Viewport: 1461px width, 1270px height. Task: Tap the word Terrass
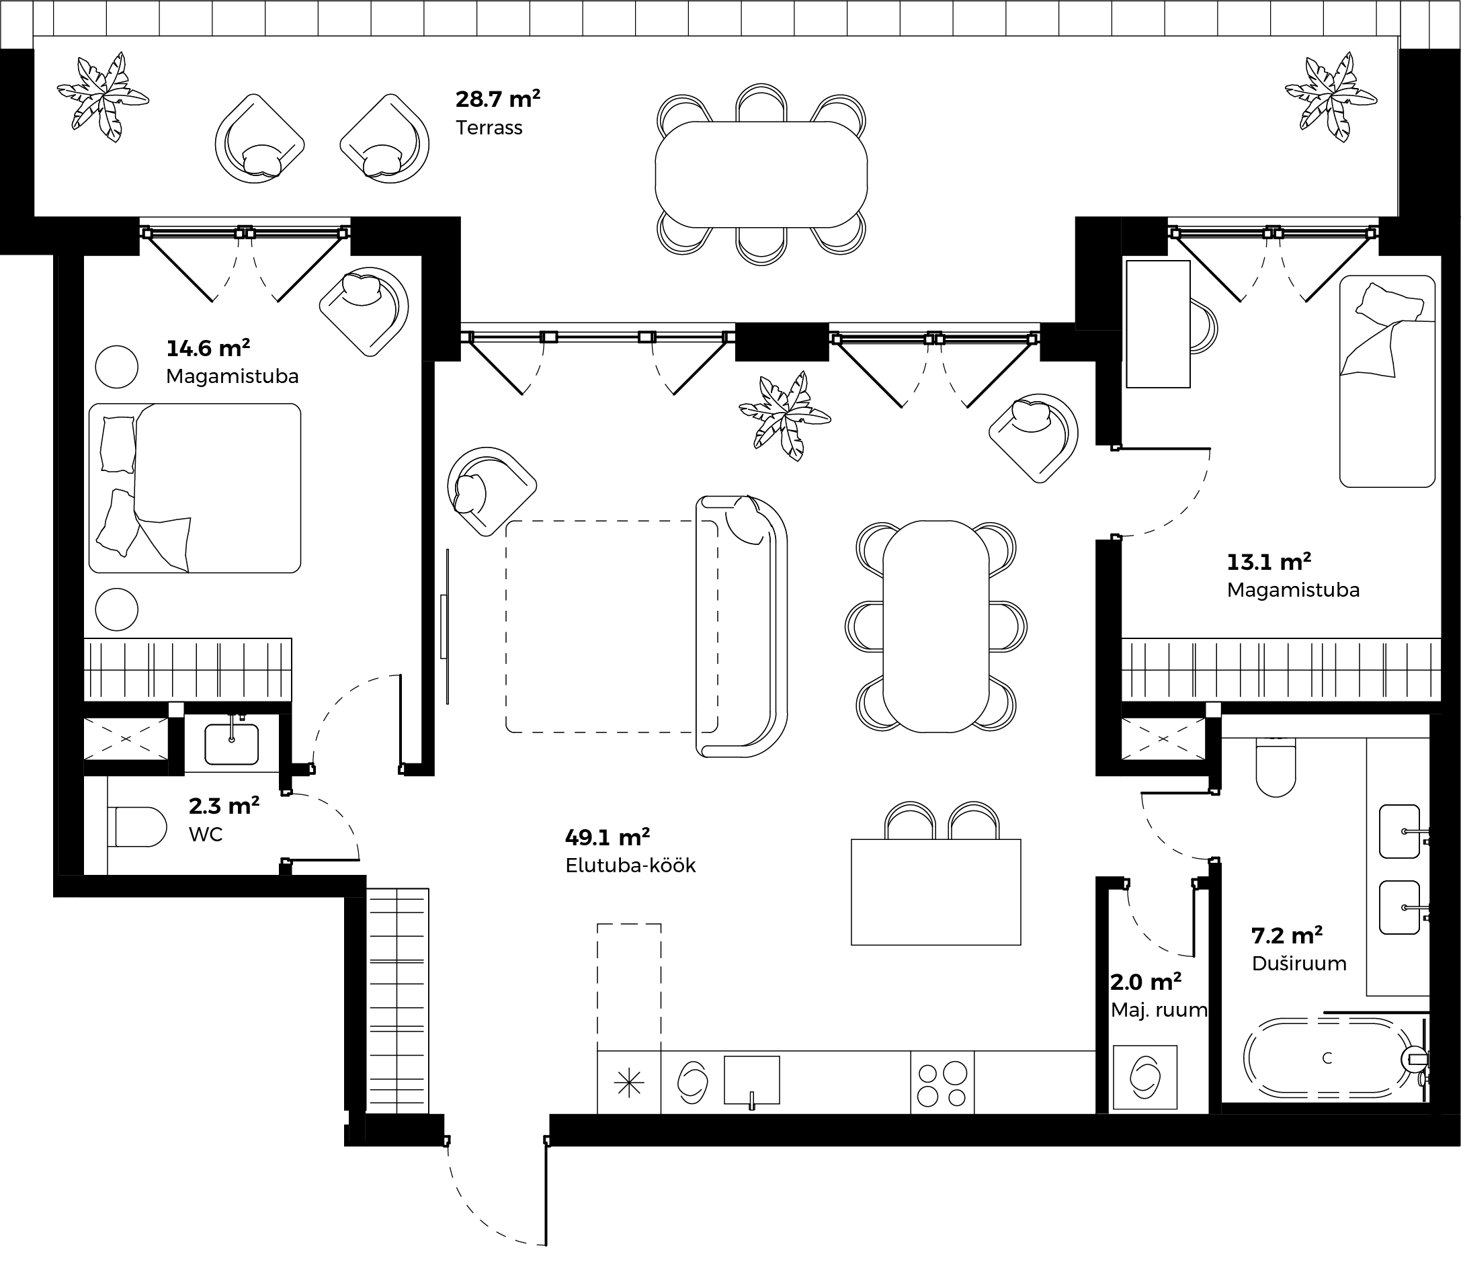489,128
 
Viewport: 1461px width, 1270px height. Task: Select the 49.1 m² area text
608,837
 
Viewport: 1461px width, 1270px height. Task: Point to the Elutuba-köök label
631,865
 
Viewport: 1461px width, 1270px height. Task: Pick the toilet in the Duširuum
1276,767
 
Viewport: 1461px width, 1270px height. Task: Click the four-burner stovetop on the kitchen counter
942,1084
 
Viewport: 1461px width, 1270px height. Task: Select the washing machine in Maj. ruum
1145,1077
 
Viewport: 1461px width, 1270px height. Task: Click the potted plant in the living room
784,417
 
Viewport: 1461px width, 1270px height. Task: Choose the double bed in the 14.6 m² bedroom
195,489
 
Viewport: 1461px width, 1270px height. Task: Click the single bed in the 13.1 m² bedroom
1387,381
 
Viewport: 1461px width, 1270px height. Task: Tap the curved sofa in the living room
741,626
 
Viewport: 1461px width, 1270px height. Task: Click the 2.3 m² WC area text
224,806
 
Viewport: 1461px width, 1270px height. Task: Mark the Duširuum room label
1298,964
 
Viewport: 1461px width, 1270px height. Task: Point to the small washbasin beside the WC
232,743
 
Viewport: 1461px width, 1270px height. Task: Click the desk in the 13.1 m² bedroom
1159,324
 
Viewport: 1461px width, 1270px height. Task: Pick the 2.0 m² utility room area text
1146,982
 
